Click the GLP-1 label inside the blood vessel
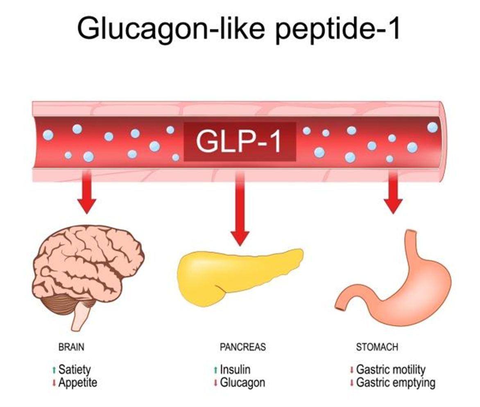(x=239, y=141)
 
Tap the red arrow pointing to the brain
(x=86, y=192)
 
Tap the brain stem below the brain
(x=80, y=317)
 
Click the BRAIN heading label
(x=71, y=347)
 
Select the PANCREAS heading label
(x=242, y=347)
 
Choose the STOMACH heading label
(x=377, y=347)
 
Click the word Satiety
(x=74, y=369)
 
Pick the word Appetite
(x=78, y=383)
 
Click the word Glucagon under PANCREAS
(x=242, y=383)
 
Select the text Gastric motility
(x=391, y=369)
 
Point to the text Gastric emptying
(x=396, y=383)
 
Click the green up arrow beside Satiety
(x=54, y=370)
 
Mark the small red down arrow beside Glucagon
(x=215, y=383)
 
